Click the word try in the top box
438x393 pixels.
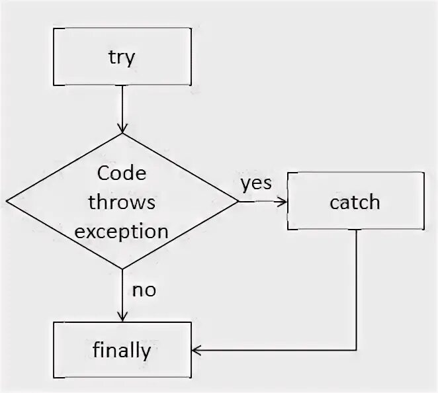[122, 57]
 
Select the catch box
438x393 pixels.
[355, 200]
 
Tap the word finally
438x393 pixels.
[122, 349]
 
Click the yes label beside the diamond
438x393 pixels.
[255, 183]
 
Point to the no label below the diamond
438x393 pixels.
[144, 289]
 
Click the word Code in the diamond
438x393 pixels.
[122, 173]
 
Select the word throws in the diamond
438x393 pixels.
[122, 202]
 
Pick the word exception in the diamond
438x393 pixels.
[122, 232]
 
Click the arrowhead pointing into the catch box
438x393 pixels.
[283, 201]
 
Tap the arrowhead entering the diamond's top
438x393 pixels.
[122, 128]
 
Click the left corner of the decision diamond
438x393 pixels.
[7, 201]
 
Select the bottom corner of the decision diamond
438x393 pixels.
[122, 269]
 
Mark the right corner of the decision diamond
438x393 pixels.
[238, 201]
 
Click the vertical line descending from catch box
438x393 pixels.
[357, 291]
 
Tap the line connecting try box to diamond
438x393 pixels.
[122, 106]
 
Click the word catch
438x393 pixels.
[355, 201]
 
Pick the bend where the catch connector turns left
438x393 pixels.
[357, 349]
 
